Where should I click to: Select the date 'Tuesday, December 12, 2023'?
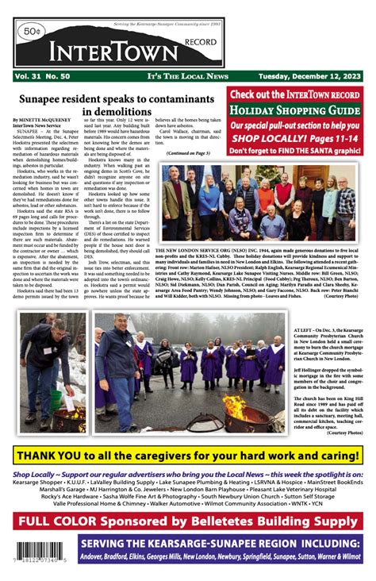305,75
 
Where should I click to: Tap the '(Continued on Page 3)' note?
188,152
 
